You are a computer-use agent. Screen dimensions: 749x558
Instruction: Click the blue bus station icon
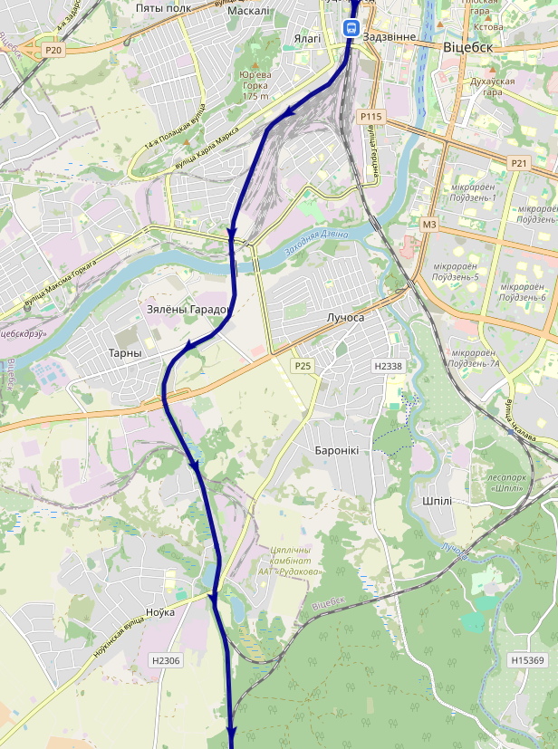(350, 27)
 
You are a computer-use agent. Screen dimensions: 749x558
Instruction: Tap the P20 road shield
(53, 51)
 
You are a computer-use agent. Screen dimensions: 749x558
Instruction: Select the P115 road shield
(371, 116)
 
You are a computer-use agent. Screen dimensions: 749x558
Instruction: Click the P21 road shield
(519, 163)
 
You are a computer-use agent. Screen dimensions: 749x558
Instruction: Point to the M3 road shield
(429, 224)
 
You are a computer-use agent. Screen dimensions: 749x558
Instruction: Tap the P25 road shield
(303, 365)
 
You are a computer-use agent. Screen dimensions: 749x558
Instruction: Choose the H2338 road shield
(388, 366)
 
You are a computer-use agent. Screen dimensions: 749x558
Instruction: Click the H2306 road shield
(167, 660)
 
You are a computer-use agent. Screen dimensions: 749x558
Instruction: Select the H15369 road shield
(526, 660)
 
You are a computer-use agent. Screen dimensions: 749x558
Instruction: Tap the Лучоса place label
(344, 318)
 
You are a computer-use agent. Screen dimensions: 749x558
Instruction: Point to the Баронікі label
(336, 450)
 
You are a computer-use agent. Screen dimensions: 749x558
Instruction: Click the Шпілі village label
(437, 501)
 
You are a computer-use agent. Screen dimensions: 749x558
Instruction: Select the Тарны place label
(125, 352)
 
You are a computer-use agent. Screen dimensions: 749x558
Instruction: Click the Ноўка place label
(159, 612)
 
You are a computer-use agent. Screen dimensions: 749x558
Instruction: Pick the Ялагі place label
(308, 39)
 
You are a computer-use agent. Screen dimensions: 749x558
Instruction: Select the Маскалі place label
(248, 11)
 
